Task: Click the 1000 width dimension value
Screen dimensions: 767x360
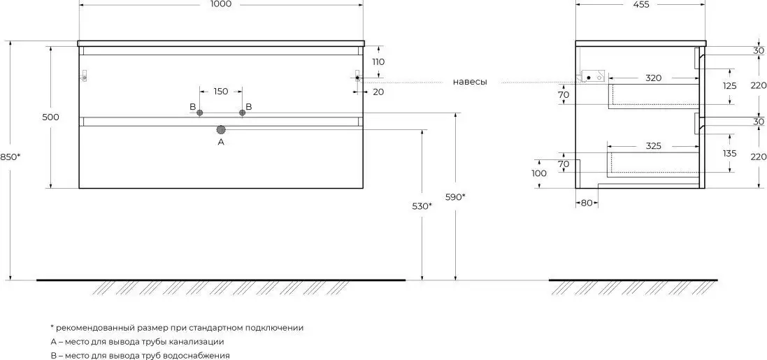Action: point(221,4)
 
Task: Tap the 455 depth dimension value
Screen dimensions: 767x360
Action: point(640,4)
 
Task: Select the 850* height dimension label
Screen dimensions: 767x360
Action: point(10,157)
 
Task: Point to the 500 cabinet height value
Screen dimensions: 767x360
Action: point(50,117)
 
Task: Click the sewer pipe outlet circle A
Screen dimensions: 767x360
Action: point(221,129)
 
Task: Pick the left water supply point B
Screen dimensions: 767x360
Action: point(199,113)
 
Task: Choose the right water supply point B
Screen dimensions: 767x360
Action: point(242,113)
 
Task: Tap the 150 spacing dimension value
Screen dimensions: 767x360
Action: point(221,92)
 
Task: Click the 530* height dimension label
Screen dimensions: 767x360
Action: point(422,206)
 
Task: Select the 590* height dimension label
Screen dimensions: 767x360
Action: point(455,197)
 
